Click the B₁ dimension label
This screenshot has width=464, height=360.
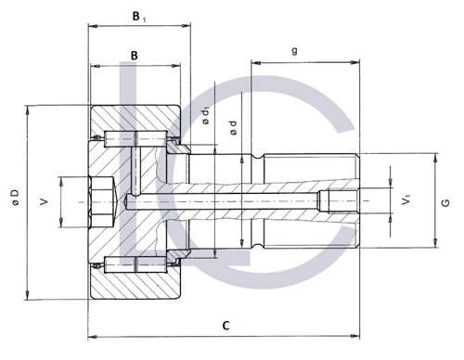tap(139, 17)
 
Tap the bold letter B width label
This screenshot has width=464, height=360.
tap(135, 56)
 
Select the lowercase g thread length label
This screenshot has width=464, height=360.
tap(294, 51)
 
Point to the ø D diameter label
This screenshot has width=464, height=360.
tap(15, 197)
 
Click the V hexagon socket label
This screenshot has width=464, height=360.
tap(45, 202)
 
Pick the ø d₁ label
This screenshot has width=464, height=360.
tap(206, 116)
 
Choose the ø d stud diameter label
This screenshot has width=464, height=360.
tap(233, 128)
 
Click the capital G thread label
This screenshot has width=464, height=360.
tap(445, 203)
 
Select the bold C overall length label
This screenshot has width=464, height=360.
tap(226, 326)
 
